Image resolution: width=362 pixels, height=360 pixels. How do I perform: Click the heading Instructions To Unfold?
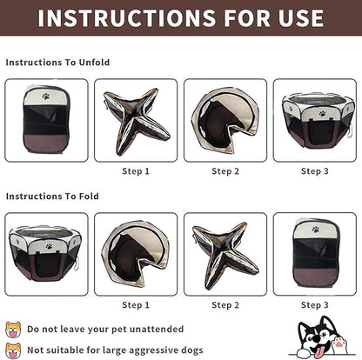tap(57, 63)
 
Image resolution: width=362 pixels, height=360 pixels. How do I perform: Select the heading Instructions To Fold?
tap(52, 197)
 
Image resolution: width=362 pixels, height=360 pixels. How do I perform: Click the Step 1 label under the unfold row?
tap(136, 171)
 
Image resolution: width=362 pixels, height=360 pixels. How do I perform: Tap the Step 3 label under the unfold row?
tap(315, 171)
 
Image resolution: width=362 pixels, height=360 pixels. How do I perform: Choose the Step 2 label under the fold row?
tap(225, 305)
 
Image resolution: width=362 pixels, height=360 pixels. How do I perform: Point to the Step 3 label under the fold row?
tap(315, 305)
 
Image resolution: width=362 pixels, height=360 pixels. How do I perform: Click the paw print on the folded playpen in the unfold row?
tap(46, 97)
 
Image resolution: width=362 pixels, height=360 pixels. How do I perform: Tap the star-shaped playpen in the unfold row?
tap(136, 121)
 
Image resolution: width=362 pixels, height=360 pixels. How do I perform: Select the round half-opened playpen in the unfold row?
tap(225, 120)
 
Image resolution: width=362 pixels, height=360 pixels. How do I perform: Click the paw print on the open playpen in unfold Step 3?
tap(322, 114)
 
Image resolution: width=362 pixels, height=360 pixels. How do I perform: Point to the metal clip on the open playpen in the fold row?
tap(77, 263)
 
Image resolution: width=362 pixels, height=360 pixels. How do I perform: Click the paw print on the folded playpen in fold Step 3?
tap(316, 230)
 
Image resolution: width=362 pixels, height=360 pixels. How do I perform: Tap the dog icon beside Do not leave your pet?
tap(13, 330)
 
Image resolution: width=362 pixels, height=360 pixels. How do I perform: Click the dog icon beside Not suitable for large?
tap(13, 350)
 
